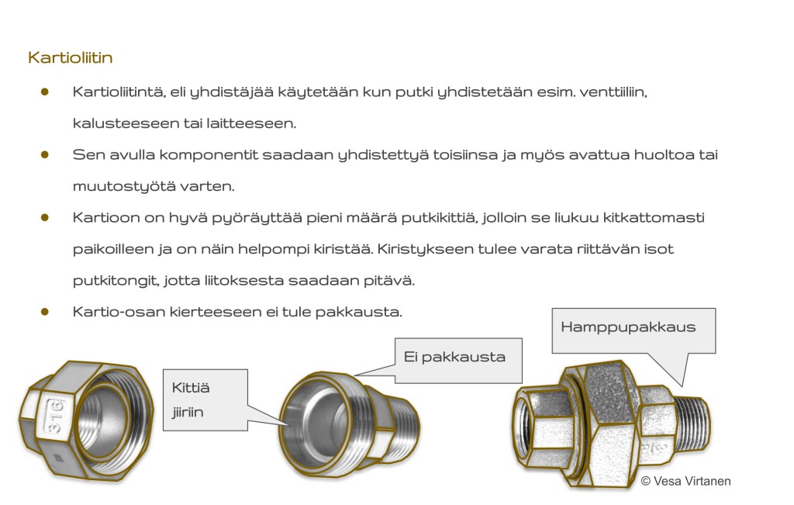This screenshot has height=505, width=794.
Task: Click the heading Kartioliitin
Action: point(71,57)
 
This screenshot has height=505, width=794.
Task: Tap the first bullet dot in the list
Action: point(45,92)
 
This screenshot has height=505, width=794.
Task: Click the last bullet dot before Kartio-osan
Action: point(45,312)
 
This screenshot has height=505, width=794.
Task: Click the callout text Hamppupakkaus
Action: point(628,327)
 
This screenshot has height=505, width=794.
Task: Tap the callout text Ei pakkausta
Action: point(454,357)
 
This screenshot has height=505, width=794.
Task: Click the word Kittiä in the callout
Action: point(191,387)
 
